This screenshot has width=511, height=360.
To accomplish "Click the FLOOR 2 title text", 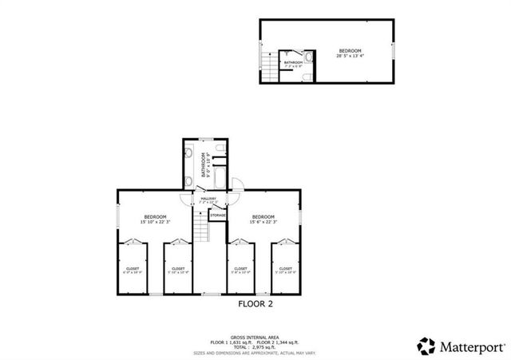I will click(x=256, y=303).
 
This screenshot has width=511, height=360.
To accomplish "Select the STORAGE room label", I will click(x=217, y=215).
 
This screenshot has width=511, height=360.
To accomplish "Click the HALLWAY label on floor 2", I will click(x=208, y=200).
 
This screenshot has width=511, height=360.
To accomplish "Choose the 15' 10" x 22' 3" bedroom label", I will click(x=155, y=220).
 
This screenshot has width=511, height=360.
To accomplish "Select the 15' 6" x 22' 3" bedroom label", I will click(x=263, y=220).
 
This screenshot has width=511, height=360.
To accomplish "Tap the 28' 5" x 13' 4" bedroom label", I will click(x=350, y=53).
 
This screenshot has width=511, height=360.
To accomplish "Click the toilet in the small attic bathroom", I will click(x=308, y=77).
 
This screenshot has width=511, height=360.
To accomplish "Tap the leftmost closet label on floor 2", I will click(x=133, y=271).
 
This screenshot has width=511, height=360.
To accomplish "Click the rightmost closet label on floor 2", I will click(x=285, y=271).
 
